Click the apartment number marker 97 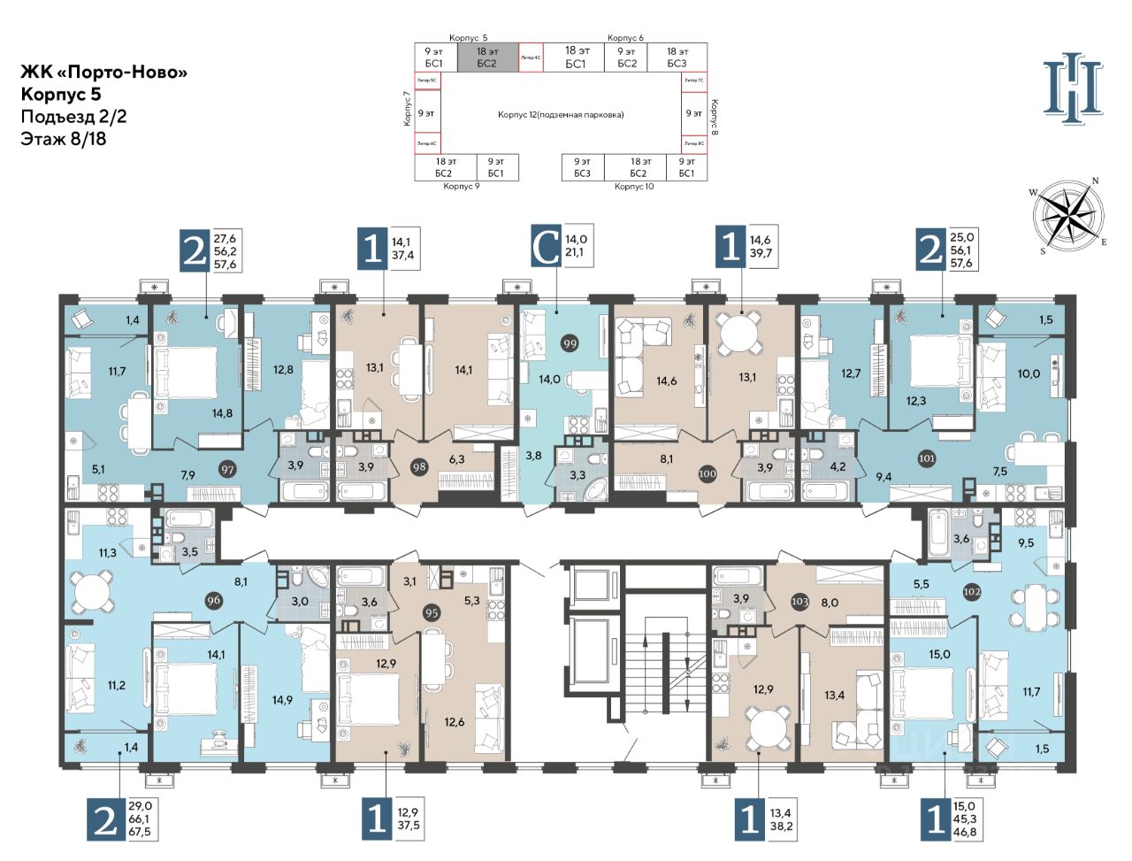pyautogui.click(x=228, y=469)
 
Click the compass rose pyautogui.click(x=1067, y=215)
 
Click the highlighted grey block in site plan pyautogui.click(x=486, y=58)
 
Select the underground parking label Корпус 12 pyautogui.click(x=561, y=114)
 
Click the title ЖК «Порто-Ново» pyautogui.click(x=104, y=73)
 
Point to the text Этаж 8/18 pyautogui.click(x=64, y=138)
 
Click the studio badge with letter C pyautogui.click(x=547, y=247)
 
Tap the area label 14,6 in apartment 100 pyautogui.click(x=666, y=381)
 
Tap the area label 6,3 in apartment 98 pyautogui.click(x=457, y=459)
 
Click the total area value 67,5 pyautogui.click(x=140, y=832)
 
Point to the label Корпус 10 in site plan pyautogui.click(x=634, y=187)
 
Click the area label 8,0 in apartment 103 pyautogui.click(x=829, y=602)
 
